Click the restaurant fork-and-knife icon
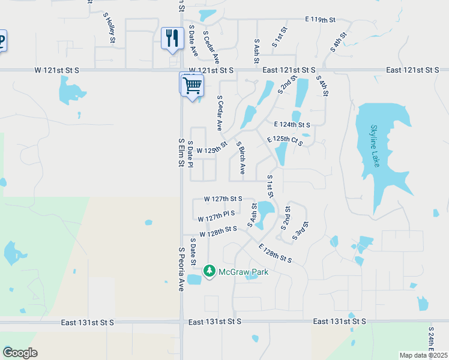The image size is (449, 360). (173, 38)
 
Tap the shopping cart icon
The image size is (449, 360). (192, 85)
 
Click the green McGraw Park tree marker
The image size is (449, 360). (209, 272)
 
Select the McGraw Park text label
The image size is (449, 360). (243, 272)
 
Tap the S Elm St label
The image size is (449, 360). (180, 154)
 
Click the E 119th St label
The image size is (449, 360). (320, 20)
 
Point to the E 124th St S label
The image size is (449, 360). (292, 125)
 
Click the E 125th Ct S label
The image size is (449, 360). (285, 141)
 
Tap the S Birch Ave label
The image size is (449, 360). (241, 158)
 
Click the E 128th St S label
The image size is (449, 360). (275, 253)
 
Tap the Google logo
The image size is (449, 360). (20, 353)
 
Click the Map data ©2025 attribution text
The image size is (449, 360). (424, 355)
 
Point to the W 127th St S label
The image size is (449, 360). (223, 199)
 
